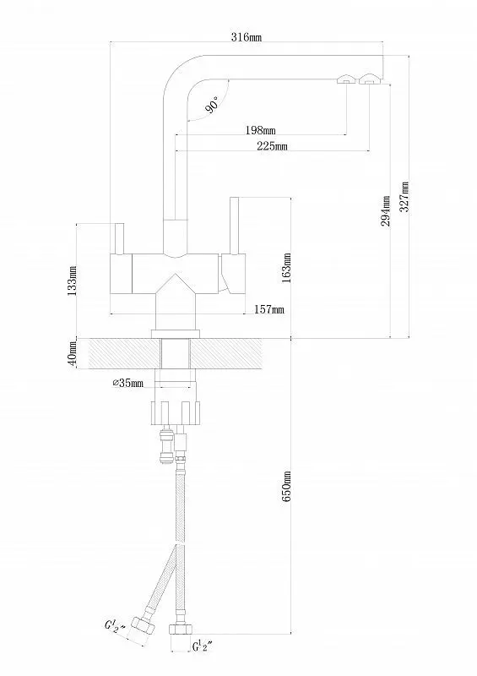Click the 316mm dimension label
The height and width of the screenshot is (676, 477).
pyautogui.click(x=246, y=38)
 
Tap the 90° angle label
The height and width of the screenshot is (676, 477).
pyautogui.click(x=212, y=105)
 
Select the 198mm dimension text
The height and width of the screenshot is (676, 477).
pyautogui.click(x=260, y=130)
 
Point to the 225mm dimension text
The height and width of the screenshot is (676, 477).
pyautogui.click(x=271, y=148)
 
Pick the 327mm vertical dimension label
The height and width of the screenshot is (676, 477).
pyautogui.click(x=405, y=198)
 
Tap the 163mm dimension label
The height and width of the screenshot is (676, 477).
pyautogui.click(x=287, y=267)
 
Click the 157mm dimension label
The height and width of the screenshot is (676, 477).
pyautogui.click(x=268, y=310)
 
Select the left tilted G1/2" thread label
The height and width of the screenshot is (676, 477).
pyautogui.click(x=115, y=630)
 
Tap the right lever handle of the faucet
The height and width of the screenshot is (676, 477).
pyautogui.click(x=236, y=226)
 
